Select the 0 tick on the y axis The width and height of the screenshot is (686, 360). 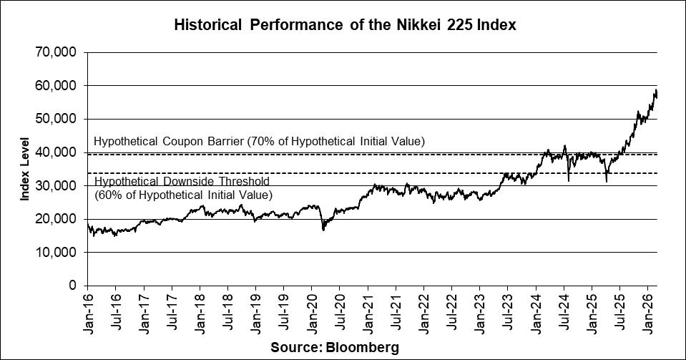pos(73,286)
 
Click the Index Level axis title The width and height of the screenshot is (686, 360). pos(24,169)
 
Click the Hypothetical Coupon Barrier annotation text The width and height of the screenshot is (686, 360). pos(259,142)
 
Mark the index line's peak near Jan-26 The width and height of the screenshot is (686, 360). pos(655,89)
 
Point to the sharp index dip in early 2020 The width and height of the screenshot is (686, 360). pos(323,229)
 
